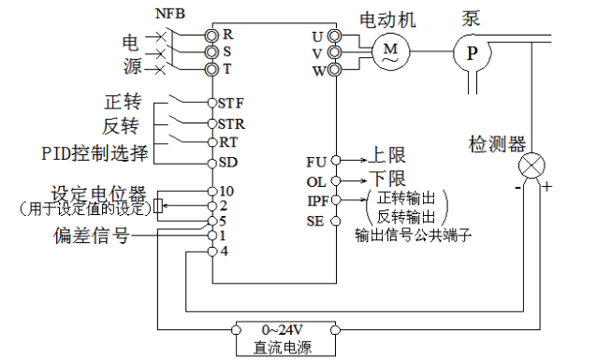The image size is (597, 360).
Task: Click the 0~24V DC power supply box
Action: click(283, 338)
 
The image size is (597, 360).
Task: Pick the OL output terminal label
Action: click(317, 180)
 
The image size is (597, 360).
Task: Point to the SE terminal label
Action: click(316, 221)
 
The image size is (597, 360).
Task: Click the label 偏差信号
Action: click(91, 236)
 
